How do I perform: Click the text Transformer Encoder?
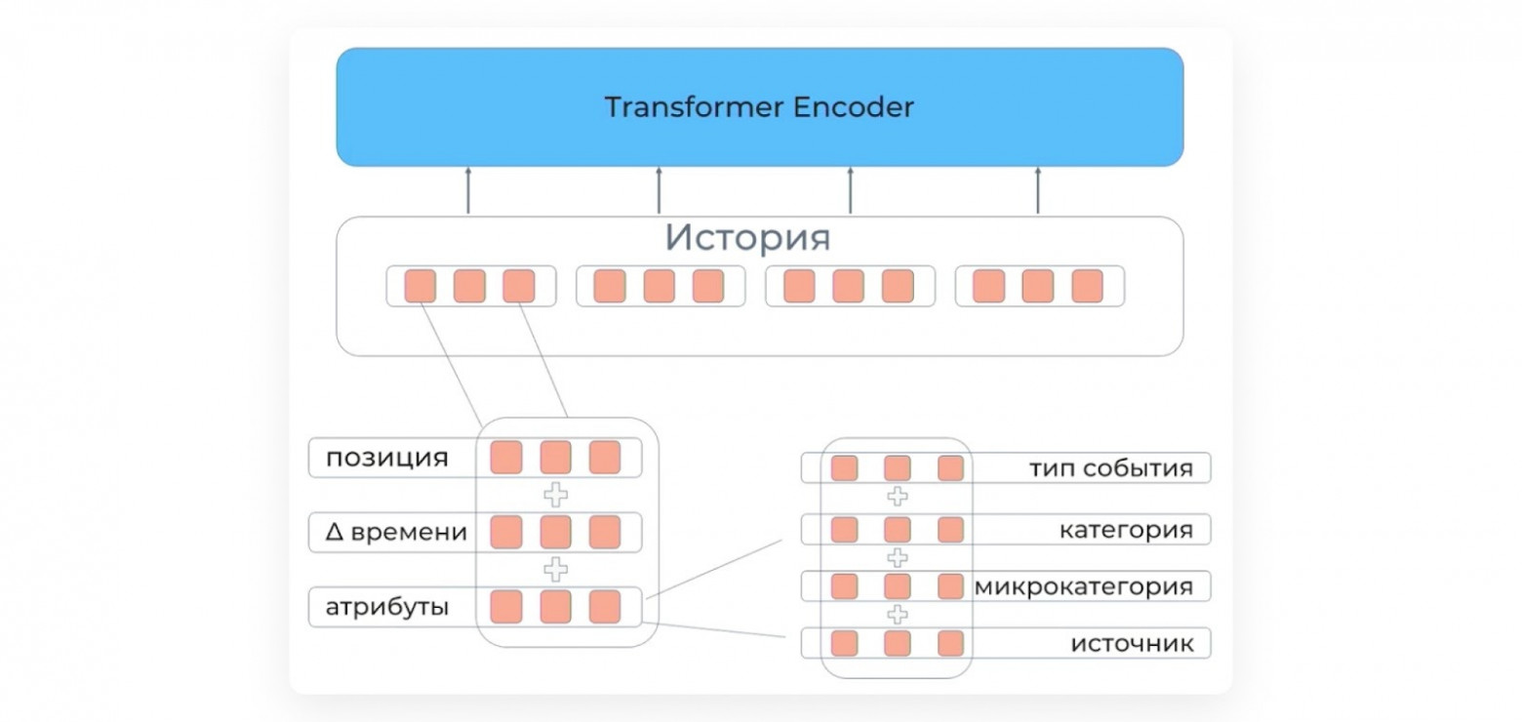coord(759,106)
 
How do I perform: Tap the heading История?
coord(747,238)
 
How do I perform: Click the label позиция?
coord(387,458)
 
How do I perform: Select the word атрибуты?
coord(387,607)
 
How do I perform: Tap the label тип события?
coord(1110,468)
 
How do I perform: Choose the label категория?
coord(1126,530)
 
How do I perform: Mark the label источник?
coord(1132,644)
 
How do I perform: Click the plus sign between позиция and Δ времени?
coord(555,495)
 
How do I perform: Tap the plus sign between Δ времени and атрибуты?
coord(555,569)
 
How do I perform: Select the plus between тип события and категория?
coord(897,497)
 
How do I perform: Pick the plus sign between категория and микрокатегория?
coord(897,558)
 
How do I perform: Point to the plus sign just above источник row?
coord(897,615)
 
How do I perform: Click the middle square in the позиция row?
coord(555,458)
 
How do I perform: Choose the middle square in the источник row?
coord(897,643)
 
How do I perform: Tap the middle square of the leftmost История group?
coord(469,286)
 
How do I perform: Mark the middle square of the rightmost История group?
coord(1037,286)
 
